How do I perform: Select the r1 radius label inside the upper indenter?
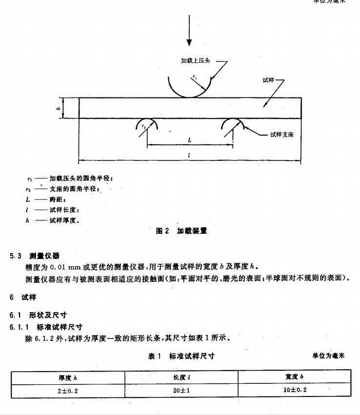pos(195,78)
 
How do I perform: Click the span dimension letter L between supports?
pos(190,140)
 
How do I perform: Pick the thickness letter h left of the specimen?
pos(58,108)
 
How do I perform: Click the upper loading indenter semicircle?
pos(190,88)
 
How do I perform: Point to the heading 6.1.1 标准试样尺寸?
pos(47,327)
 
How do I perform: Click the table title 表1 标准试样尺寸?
pos(181,356)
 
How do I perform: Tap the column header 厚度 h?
pos(68,378)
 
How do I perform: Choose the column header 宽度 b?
pos(294,378)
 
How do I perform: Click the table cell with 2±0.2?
pos(68,390)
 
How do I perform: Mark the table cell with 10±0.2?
pos(294,390)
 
